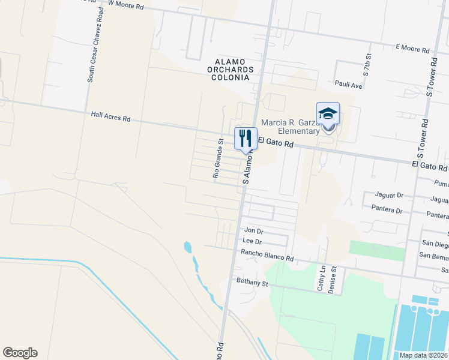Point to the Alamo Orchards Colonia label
tap(234, 70)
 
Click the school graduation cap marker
tap(328, 113)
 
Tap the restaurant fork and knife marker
tap(245, 138)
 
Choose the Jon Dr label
tap(254, 230)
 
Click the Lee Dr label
tap(252, 241)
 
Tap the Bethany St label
tap(251, 281)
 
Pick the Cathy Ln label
tap(322, 278)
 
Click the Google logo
tap(20, 353)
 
